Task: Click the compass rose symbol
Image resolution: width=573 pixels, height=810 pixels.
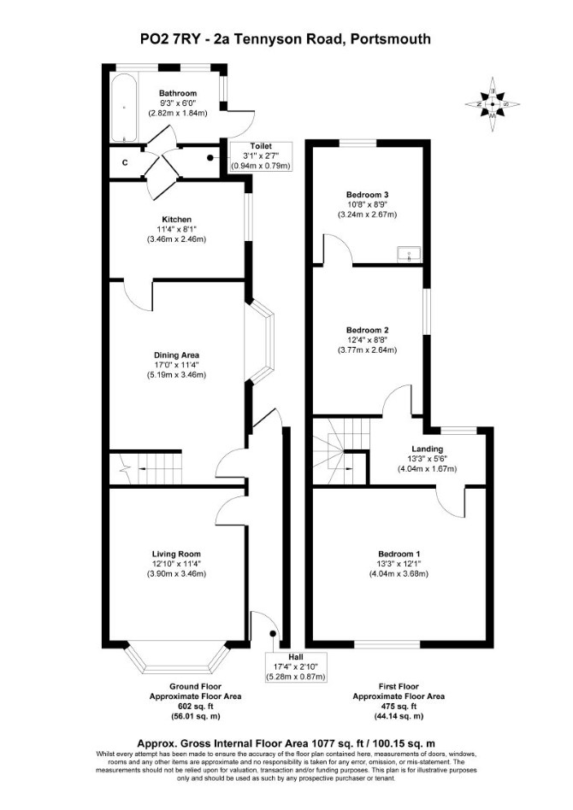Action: pos(493,104)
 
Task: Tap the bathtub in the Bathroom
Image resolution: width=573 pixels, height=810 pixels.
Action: pos(124,108)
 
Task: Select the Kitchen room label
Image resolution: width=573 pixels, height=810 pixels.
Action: pos(177,220)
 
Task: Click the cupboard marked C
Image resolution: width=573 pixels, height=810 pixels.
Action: pos(125,162)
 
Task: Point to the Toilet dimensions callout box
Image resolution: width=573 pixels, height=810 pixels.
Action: pos(261,156)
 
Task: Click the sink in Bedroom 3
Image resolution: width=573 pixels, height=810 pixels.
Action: pos(410,254)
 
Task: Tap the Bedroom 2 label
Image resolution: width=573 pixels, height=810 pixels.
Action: pos(367,330)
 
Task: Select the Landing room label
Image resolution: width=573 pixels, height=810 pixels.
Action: pos(427,449)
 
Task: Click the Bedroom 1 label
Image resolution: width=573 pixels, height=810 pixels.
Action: pos(399,554)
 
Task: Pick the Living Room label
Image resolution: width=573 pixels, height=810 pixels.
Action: pos(176,554)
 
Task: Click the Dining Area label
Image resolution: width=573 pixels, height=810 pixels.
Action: pos(176,355)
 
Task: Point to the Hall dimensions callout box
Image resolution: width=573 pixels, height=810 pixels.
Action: pos(296,666)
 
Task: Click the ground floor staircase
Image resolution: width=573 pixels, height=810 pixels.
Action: pos(146,468)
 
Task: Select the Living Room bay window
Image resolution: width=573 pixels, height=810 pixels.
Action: pos(176,658)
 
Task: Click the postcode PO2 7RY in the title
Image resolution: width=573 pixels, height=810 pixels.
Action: pos(170,38)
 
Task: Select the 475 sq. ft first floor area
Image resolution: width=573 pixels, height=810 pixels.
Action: pos(399,706)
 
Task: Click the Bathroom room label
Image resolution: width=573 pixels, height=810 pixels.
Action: pos(177,93)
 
